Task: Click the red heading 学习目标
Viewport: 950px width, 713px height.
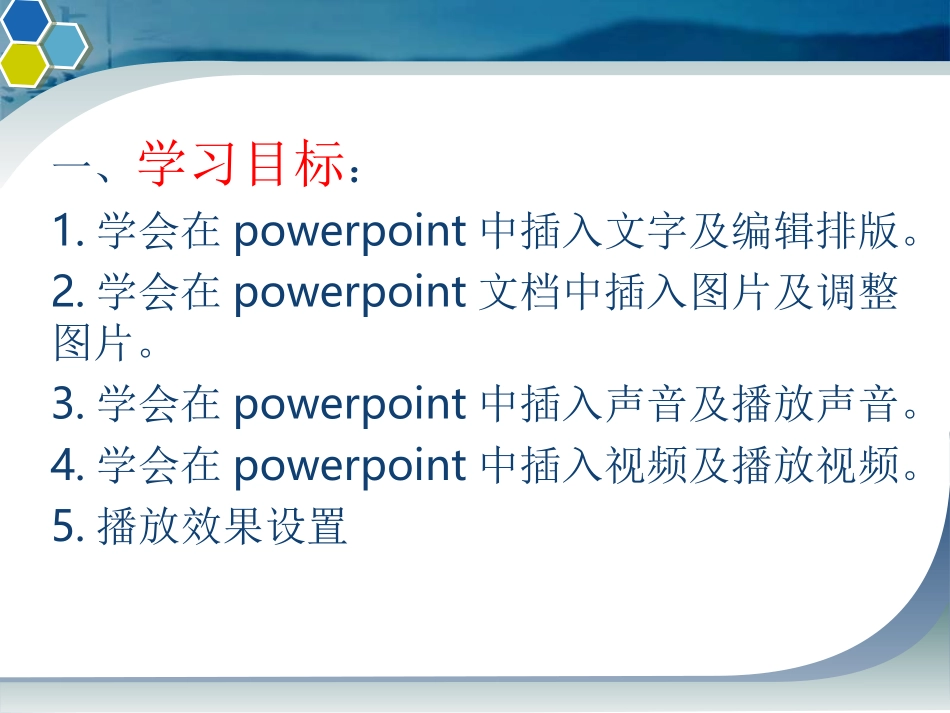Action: tap(240, 164)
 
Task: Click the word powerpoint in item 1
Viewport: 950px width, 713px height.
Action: tap(349, 233)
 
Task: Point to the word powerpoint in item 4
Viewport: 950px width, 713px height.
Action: tap(349, 466)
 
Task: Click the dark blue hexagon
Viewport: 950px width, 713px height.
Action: tap(24, 19)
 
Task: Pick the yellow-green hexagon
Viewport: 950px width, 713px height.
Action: tap(22, 64)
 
